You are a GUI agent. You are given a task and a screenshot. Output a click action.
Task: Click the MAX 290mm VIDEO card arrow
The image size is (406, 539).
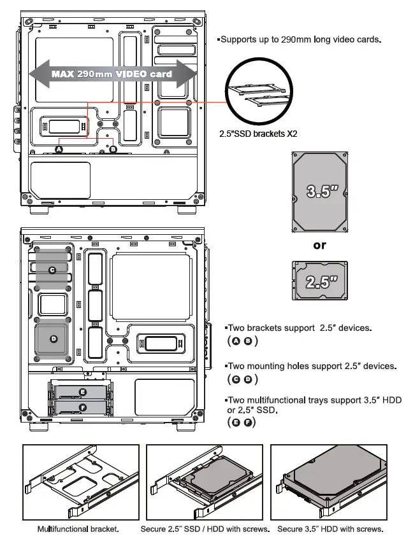[x=112, y=74]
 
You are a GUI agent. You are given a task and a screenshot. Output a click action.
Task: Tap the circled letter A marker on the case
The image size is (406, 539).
[x=59, y=149]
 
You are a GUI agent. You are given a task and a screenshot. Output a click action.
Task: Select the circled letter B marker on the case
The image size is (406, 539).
[x=113, y=149]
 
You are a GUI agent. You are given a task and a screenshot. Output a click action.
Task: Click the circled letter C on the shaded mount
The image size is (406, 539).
[x=52, y=270]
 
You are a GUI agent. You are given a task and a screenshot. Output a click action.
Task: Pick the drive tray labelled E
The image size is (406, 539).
[x=82, y=391]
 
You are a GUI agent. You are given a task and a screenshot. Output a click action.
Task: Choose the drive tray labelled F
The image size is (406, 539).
[x=82, y=407]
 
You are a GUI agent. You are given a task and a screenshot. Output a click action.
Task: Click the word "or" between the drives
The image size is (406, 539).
[x=319, y=245]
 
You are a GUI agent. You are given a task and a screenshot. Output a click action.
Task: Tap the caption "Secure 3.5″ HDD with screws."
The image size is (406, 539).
[x=330, y=529]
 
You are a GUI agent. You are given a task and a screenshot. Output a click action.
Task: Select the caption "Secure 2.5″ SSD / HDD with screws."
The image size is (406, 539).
[x=206, y=529]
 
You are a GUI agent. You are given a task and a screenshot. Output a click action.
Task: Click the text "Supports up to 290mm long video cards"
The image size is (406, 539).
[x=300, y=39]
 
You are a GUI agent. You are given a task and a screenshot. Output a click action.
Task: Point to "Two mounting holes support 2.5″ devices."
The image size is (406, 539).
[x=312, y=366]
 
